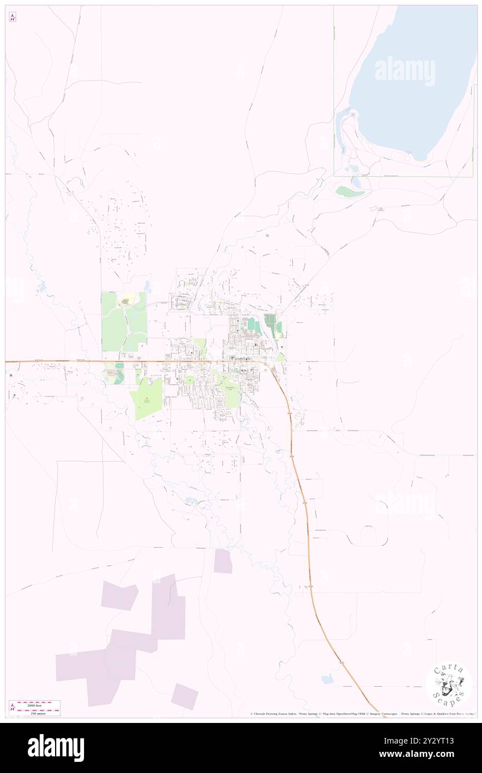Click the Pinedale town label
click(240, 360)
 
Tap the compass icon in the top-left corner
click(12, 17)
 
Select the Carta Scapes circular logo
click(449, 686)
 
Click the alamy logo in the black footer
click(56, 748)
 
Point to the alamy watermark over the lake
click(405, 71)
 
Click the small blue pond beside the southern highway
click(327, 679)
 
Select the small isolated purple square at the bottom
click(185, 696)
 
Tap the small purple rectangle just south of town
click(223, 561)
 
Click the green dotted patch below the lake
click(350, 191)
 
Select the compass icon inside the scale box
click(12, 708)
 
